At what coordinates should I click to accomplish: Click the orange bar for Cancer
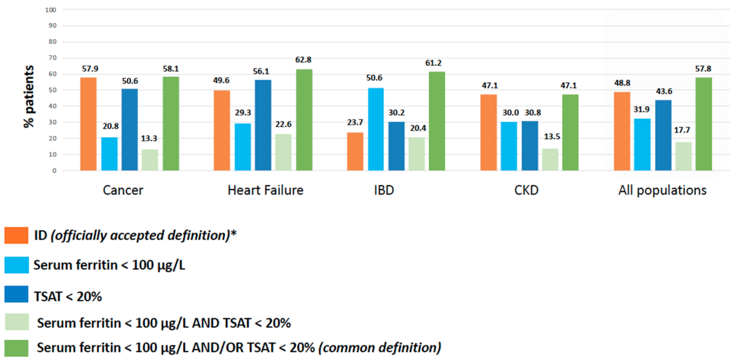coord(88,124)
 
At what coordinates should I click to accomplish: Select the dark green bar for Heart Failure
coord(304,120)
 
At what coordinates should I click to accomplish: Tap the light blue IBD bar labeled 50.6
coord(376,129)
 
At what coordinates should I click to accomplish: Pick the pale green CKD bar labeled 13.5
coord(550,160)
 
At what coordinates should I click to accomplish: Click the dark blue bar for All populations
coord(663,135)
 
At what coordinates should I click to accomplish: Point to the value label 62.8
coord(303,60)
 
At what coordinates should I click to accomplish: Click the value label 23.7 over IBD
coord(355,123)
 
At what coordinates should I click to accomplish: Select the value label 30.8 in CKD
coord(533,113)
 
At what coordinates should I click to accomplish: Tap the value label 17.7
coord(682,130)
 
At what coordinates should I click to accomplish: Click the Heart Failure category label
coord(265,190)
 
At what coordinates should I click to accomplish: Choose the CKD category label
coord(526,190)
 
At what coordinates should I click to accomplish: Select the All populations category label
coord(662,190)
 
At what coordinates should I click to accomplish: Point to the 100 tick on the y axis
coord(51,10)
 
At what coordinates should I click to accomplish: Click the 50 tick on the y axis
coord(53,90)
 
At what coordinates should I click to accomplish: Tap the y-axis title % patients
coord(29,96)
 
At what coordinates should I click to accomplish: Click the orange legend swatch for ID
coord(16,235)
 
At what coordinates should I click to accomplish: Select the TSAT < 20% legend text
coord(68,296)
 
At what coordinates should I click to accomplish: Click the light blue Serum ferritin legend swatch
coord(16,265)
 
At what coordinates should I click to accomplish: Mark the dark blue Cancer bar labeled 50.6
coord(130,130)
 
